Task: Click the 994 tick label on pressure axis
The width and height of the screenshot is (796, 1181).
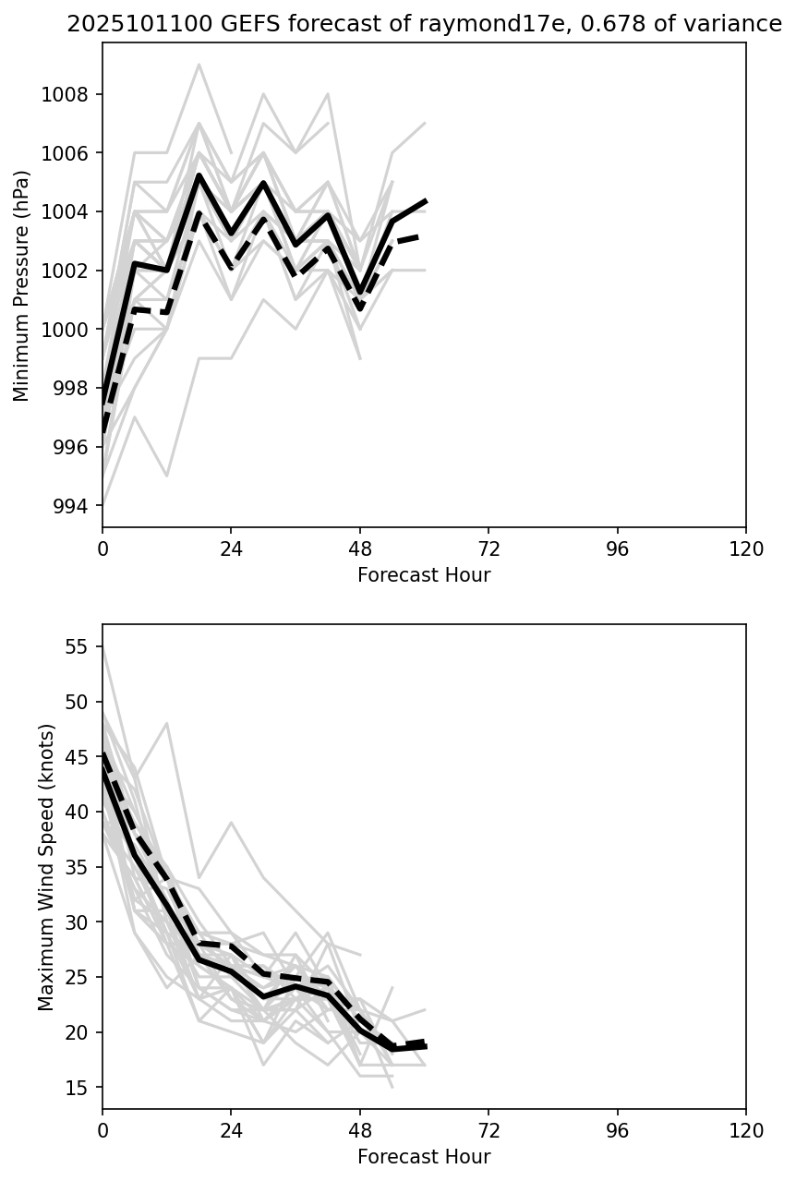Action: pyautogui.click(x=70, y=506)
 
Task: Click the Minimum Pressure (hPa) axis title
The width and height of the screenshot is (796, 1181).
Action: pyautogui.click(x=21, y=285)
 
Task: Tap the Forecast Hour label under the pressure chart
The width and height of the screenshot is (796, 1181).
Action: pyautogui.click(x=424, y=575)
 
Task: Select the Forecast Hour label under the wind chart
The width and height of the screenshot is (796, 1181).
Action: pyautogui.click(x=424, y=1157)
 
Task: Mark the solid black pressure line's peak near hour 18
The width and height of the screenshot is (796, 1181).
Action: pyautogui.click(x=199, y=175)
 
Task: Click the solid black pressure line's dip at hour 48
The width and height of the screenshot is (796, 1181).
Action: pyautogui.click(x=360, y=292)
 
